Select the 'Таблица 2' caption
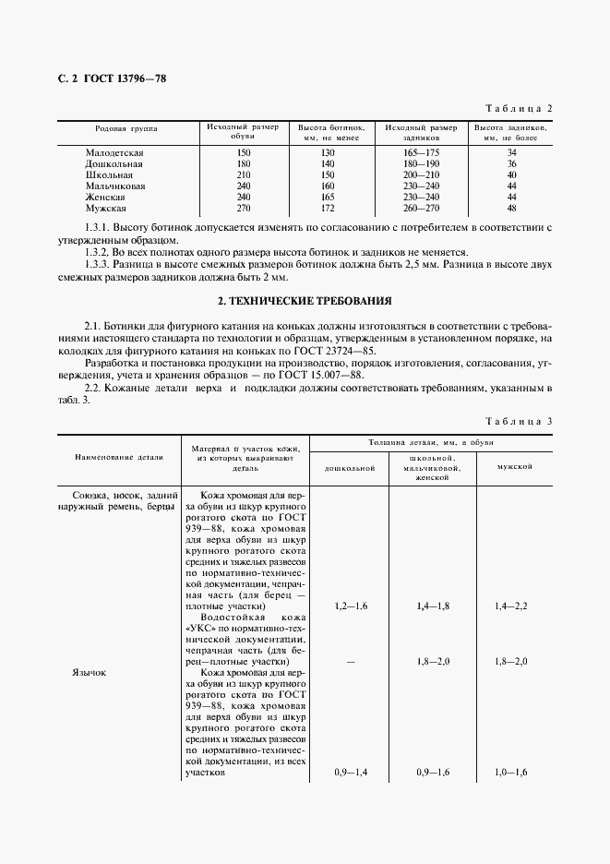point(518,108)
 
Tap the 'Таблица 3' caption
point(518,422)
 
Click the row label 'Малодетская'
point(114,151)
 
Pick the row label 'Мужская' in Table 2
point(106,209)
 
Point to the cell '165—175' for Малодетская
point(420,151)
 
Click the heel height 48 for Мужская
point(511,209)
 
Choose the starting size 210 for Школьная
point(244,174)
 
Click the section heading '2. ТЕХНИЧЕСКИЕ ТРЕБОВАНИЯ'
point(305,301)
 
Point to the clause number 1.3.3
point(97,264)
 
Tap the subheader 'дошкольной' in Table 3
point(350,468)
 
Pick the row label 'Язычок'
point(89,673)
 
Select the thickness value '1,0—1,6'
point(511,772)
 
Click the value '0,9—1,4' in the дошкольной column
point(350,772)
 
